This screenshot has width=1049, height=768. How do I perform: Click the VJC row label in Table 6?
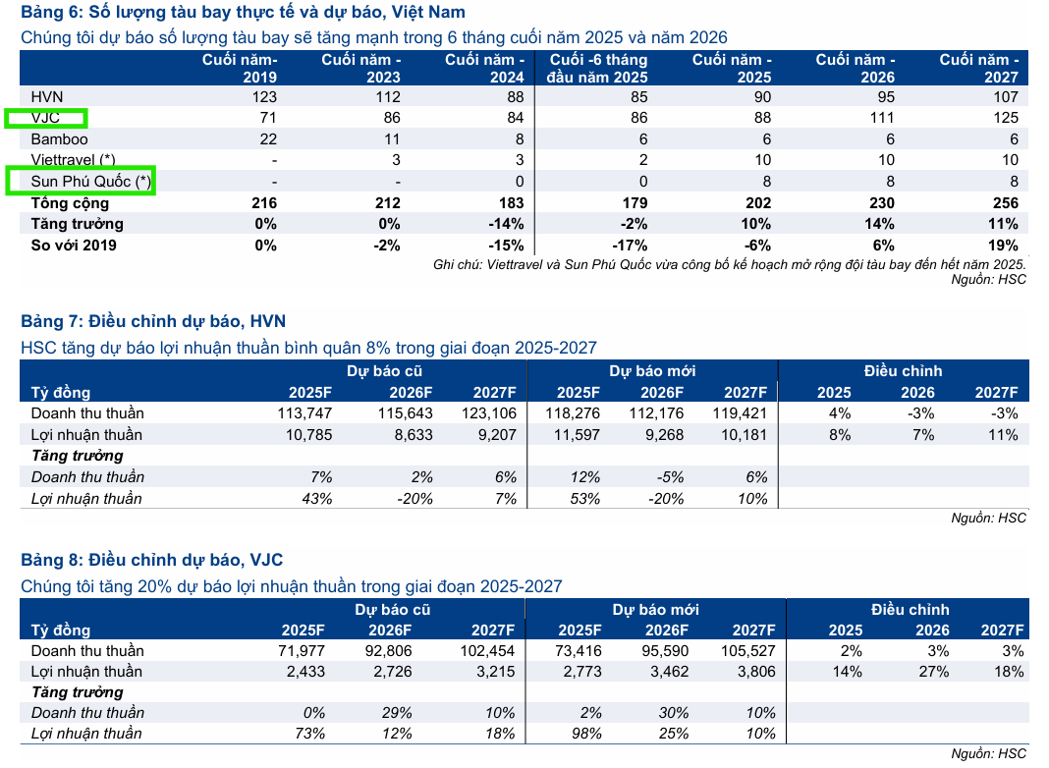point(45,119)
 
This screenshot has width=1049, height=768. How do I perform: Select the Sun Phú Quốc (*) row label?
point(80,182)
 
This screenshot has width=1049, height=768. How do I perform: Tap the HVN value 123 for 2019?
point(264,97)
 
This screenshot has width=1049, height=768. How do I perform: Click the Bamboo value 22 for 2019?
point(268,139)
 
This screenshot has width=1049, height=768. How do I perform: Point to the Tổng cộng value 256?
point(1005,203)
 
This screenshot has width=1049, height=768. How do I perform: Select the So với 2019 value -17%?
point(629,246)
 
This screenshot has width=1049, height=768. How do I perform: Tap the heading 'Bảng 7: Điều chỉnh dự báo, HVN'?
point(153,321)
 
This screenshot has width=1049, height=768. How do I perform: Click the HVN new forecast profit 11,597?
point(574,435)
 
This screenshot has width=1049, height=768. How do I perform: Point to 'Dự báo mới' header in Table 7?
point(652,371)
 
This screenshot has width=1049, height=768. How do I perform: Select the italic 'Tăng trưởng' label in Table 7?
point(78,456)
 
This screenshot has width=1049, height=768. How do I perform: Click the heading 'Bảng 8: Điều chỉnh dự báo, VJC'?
point(152,560)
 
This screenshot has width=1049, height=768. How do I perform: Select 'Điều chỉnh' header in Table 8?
point(910,610)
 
